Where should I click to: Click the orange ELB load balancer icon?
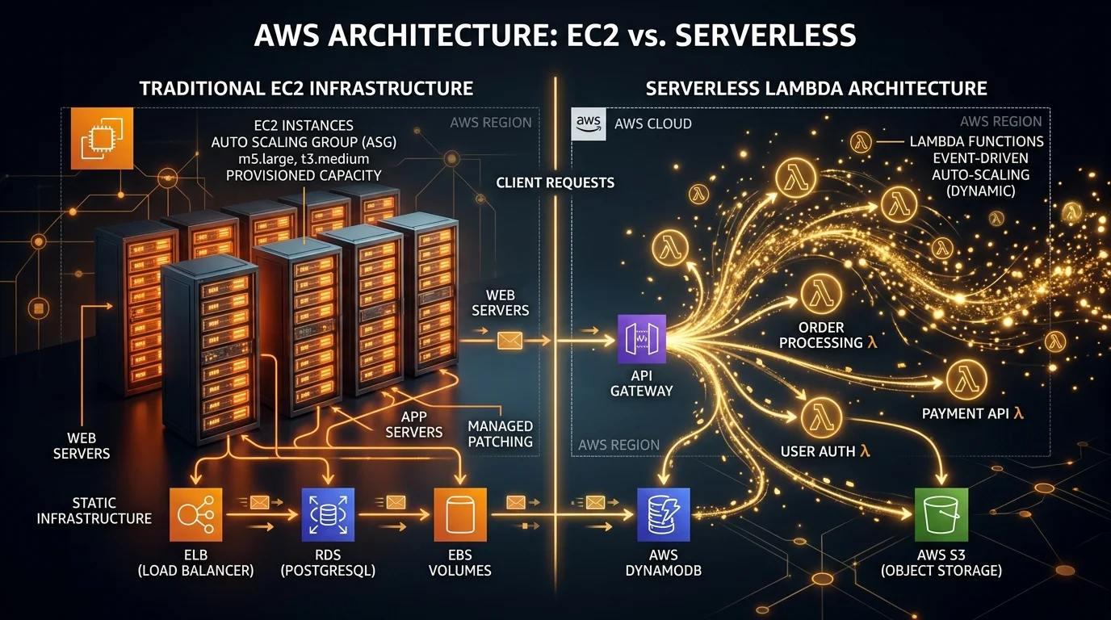coord(196,514)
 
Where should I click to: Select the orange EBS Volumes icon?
coord(460,514)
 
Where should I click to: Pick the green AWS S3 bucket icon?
coord(941,514)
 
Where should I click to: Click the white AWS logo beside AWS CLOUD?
coord(588,124)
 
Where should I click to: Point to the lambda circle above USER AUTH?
coord(822,418)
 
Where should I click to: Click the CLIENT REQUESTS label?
coord(555,182)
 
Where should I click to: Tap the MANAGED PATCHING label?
coord(501,434)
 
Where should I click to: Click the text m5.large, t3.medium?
coord(304,157)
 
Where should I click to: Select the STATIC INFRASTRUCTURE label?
coord(94,509)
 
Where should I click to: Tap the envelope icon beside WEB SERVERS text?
coord(509,341)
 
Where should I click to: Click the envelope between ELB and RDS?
coord(259,502)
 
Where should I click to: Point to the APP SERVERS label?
coord(414,425)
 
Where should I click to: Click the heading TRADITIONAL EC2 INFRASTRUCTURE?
coord(306,88)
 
